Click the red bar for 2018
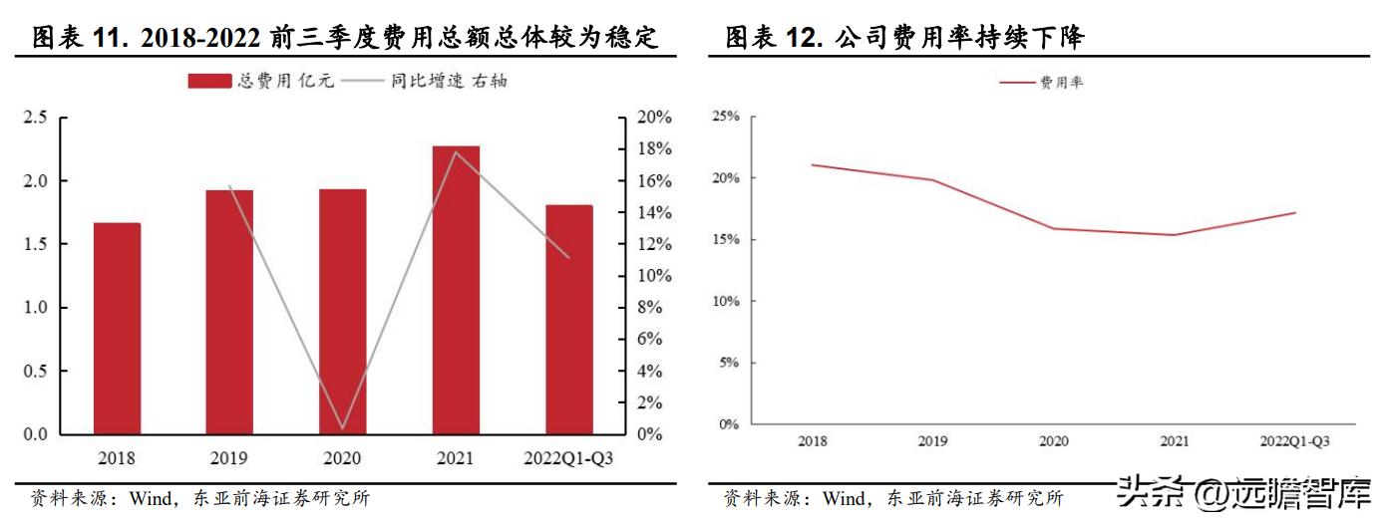(x=117, y=329)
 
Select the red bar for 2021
(x=456, y=290)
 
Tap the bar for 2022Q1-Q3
(x=568, y=320)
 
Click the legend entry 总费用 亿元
(x=261, y=81)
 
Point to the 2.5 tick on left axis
(x=36, y=118)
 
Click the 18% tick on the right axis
(x=654, y=149)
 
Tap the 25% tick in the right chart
(x=725, y=117)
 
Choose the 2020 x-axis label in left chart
(x=342, y=459)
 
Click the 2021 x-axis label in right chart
(x=1175, y=440)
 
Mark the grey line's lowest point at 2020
(x=342, y=428)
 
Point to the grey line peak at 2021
(x=456, y=151)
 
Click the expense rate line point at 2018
(x=812, y=164)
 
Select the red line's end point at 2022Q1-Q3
(x=1295, y=212)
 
